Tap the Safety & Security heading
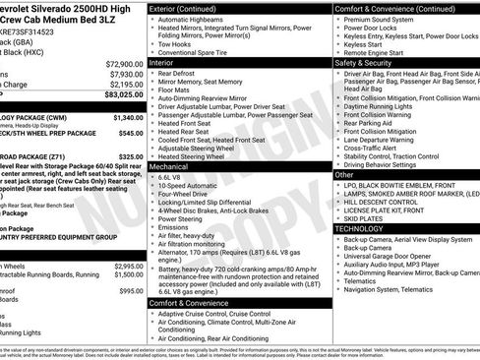click(x=366, y=61)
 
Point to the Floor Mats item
click(x=180, y=89)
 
